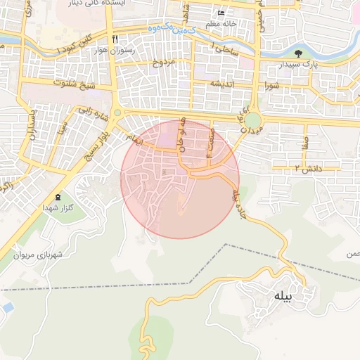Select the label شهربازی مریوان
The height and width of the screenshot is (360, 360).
39,254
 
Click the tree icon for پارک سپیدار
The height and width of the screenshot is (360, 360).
298,53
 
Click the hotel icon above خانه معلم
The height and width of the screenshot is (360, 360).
221,13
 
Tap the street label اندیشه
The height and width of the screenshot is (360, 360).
217,82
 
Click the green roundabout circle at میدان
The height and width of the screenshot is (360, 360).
252,122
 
